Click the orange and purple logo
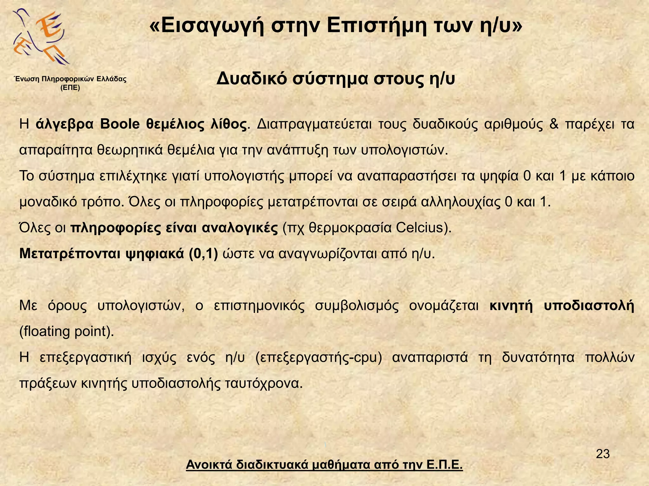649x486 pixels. point(41,36)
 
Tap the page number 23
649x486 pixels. point(603,454)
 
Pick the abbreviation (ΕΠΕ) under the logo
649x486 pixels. point(70,88)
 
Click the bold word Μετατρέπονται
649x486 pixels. point(70,254)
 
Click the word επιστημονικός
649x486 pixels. point(259,306)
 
